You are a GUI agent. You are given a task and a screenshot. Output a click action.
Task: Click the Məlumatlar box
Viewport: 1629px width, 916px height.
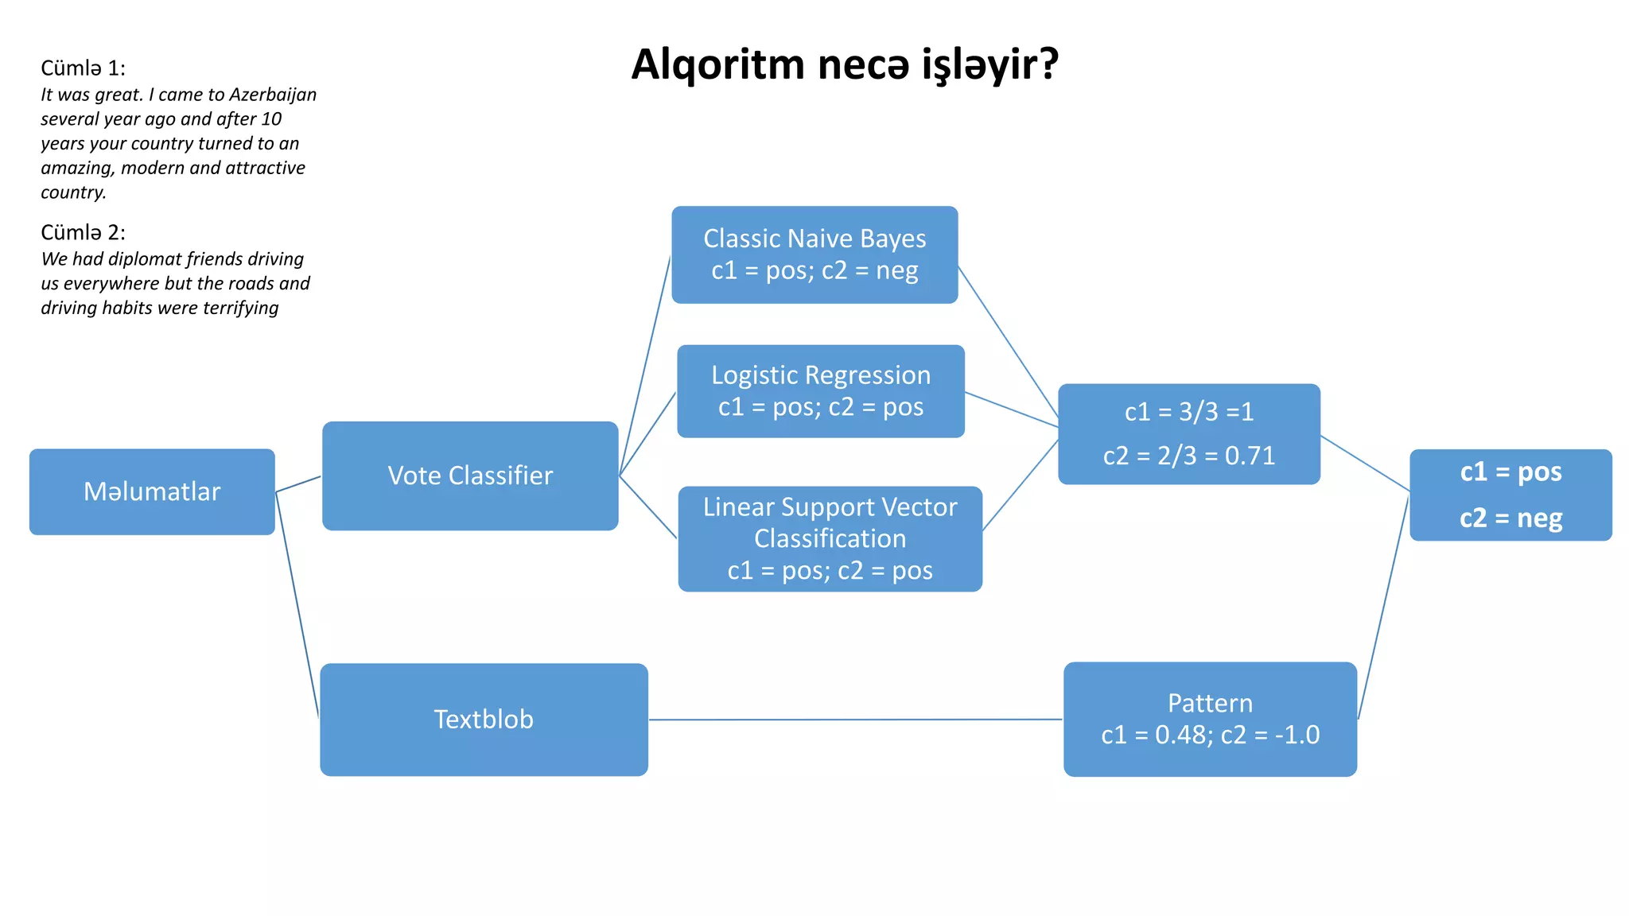pyautogui.click(x=152, y=491)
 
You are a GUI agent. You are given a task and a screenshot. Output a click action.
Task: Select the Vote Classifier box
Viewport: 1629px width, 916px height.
pyautogui.click(x=470, y=475)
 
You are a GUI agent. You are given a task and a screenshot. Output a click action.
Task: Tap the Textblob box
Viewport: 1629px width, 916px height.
pyautogui.click(x=484, y=719)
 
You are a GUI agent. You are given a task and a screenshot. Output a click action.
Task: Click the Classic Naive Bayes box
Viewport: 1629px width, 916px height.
pyautogui.click(x=814, y=254)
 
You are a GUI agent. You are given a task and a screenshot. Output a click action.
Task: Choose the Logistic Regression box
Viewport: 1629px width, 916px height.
pyautogui.click(x=821, y=390)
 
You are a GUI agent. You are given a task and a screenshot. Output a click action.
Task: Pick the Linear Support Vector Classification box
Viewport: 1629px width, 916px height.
pyautogui.click(x=830, y=538)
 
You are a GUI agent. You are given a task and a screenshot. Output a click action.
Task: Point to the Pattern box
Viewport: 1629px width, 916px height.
pyautogui.click(x=1210, y=719)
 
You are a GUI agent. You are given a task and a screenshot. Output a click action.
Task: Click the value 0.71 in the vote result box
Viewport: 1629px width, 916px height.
pyautogui.click(x=1250, y=456)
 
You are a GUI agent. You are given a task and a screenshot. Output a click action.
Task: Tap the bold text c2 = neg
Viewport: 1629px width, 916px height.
pyautogui.click(x=1510, y=518)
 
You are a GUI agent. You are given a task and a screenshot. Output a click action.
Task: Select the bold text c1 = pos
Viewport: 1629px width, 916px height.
pyautogui.click(x=1510, y=472)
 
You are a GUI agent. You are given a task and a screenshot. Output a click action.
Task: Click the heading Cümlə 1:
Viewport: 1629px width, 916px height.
pyautogui.click(x=83, y=68)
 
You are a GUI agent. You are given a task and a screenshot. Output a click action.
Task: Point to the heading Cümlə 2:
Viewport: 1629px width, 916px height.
pyautogui.click(x=83, y=232)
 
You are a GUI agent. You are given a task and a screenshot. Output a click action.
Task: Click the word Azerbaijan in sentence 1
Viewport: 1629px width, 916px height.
pyautogui.click(x=273, y=95)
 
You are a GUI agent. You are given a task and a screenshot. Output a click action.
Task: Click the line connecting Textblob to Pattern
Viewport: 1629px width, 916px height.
pyautogui.click(x=855, y=720)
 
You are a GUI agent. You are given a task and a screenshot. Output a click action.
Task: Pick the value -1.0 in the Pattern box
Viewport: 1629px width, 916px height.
pyautogui.click(x=1297, y=735)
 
